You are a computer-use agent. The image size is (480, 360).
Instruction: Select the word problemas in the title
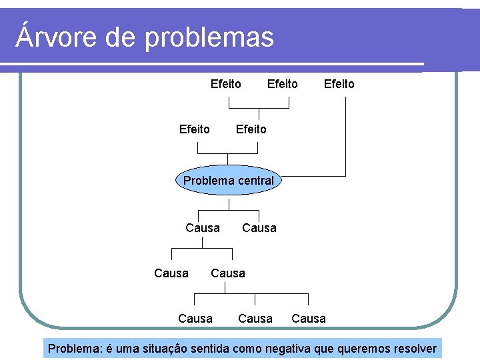tap(209, 37)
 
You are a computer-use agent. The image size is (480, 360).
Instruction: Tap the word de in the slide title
tap(121, 37)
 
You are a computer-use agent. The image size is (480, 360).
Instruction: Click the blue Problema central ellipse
tap(229, 181)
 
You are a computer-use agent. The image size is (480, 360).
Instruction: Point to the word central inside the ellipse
tap(253, 181)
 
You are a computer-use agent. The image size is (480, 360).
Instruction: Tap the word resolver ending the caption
tap(413, 349)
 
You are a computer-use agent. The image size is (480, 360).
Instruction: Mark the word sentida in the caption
tap(213, 349)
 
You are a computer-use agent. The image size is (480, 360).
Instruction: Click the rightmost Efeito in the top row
tap(339, 84)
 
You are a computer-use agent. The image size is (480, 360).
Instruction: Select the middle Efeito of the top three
tap(282, 84)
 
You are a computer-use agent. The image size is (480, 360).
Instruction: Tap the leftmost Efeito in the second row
tap(194, 129)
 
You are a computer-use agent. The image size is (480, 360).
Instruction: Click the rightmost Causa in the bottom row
tap(309, 319)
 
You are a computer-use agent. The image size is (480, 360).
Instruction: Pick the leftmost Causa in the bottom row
tap(195, 319)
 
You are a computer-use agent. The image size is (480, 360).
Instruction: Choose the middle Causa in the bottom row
tap(255, 319)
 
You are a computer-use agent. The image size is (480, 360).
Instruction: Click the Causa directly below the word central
tap(259, 228)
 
